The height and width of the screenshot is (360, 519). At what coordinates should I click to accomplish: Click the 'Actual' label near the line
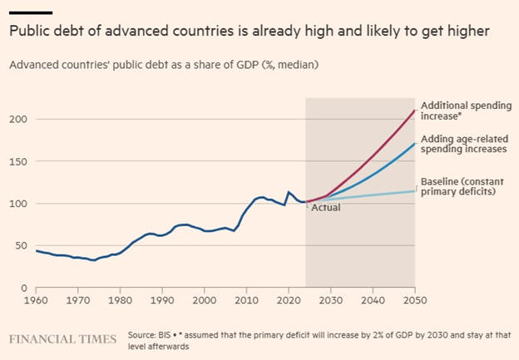[325, 207]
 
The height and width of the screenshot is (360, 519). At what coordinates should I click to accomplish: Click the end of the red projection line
[415, 111]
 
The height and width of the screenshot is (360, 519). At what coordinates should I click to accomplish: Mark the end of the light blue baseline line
[415, 191]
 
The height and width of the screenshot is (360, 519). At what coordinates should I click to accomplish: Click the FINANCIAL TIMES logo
[63, 339]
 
